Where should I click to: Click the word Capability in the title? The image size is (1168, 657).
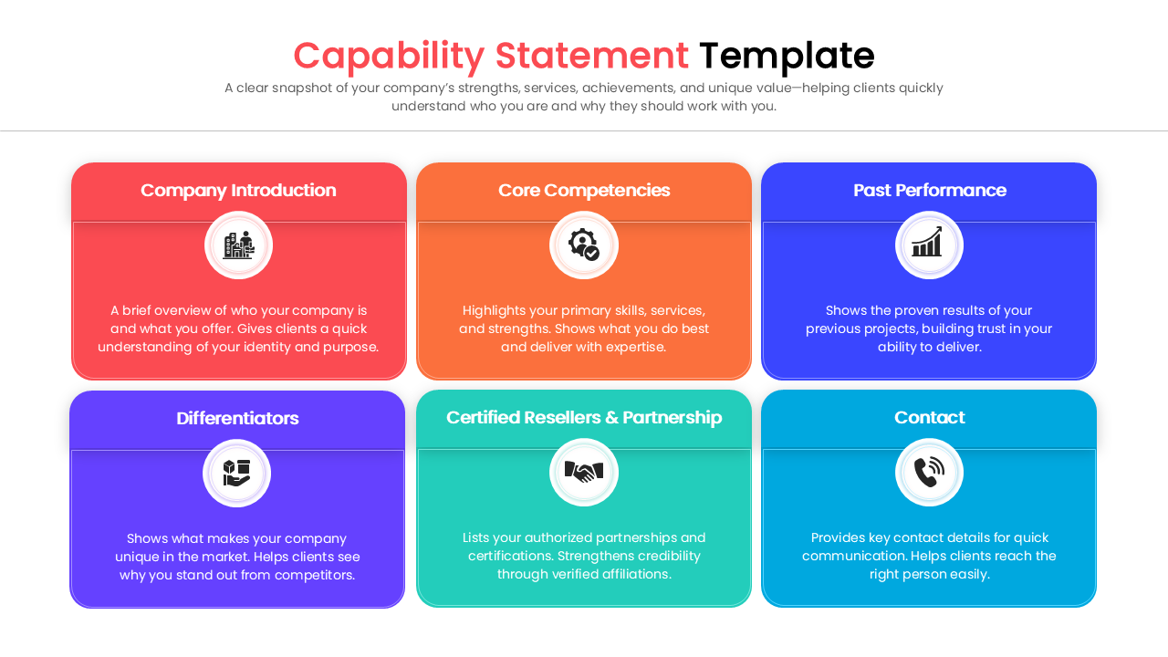(389, 56)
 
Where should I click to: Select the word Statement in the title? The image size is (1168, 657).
(591, 56)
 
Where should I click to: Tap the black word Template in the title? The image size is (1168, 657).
(787, 56)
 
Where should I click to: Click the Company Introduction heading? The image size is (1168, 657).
(238, 191)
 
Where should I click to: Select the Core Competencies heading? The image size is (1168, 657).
(584, 191)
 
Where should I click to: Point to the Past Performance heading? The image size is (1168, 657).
(929, 191)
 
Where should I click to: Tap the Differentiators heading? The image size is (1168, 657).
(237, 419)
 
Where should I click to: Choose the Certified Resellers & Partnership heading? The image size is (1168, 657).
(584, 418)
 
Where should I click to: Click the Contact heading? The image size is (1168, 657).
(929, 418)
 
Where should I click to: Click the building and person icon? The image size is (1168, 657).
(238, 245)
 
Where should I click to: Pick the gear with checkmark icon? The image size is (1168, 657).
(584, 245)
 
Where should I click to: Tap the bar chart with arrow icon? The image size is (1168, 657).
(929, 245)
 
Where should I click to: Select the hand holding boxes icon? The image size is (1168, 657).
(237, 473)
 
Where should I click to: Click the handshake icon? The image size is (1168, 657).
(584, 472)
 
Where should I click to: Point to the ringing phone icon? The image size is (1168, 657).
(929, 472)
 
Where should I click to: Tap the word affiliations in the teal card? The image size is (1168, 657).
(636, 575)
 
